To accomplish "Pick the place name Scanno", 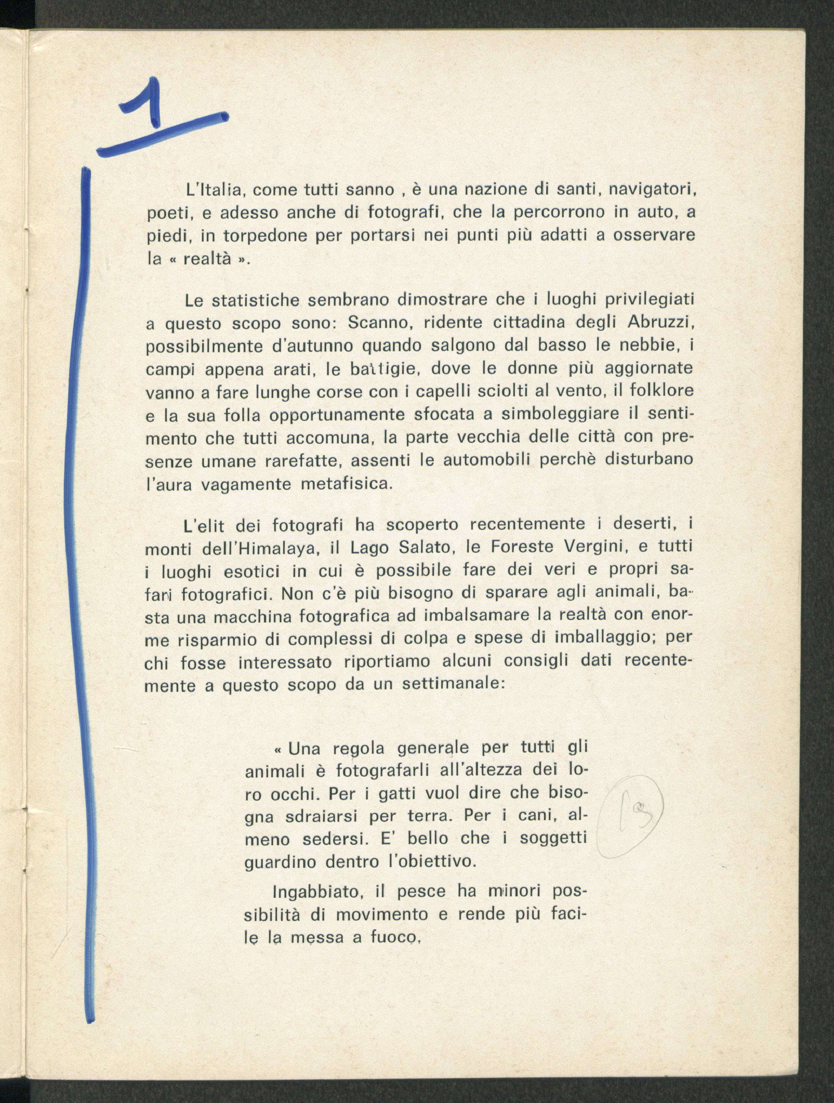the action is click(378, 323).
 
